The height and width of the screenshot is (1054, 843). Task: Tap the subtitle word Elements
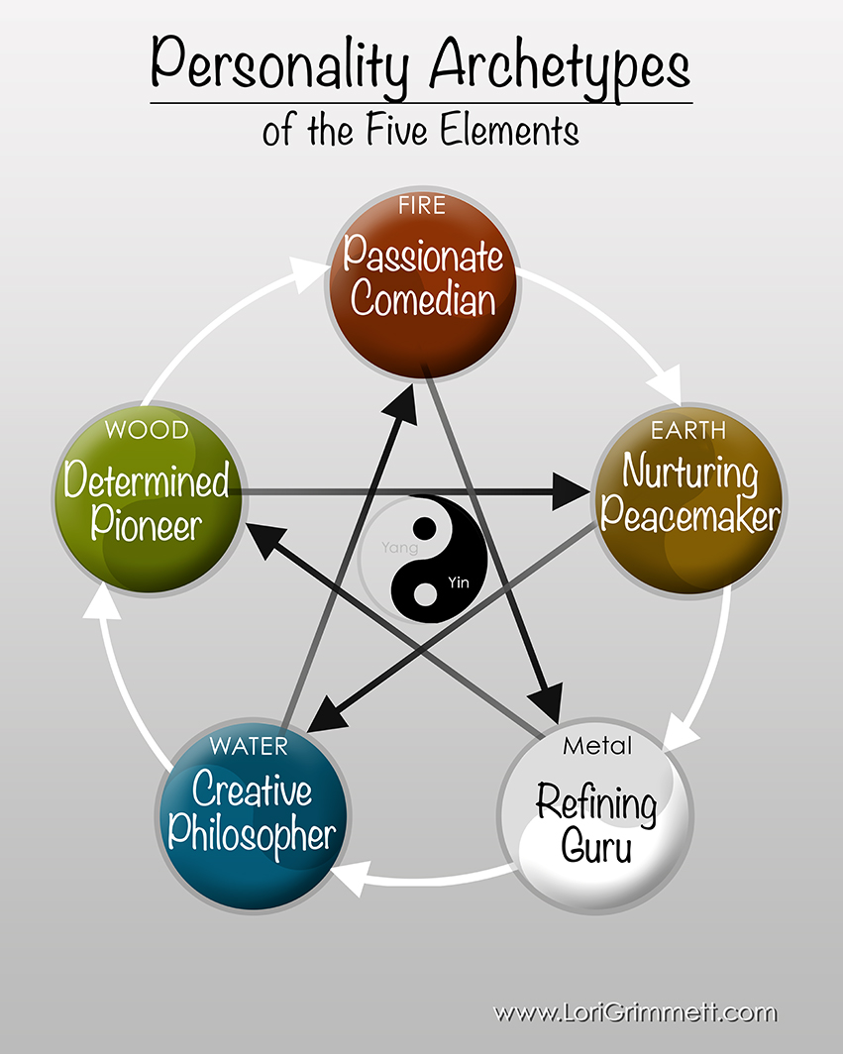512,130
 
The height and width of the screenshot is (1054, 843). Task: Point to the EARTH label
687,430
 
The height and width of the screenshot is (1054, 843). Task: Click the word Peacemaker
689,515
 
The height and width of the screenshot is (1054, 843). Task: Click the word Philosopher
252,834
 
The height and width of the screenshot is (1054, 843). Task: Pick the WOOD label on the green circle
146,432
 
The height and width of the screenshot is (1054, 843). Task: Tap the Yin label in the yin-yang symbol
457,580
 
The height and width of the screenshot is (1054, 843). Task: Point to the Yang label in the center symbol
400,547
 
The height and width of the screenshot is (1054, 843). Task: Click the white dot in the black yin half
425,594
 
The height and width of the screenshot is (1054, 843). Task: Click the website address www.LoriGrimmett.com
635,1012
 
